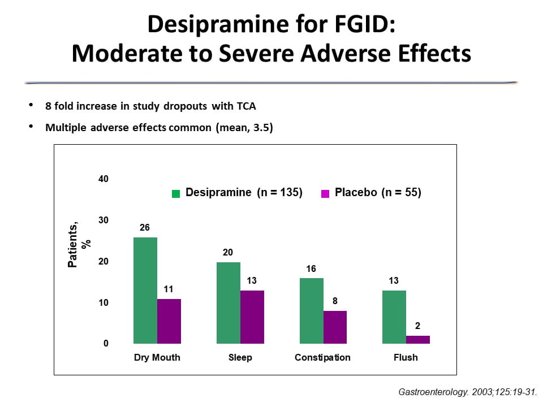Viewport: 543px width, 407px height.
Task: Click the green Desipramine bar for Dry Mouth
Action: pos(145,291)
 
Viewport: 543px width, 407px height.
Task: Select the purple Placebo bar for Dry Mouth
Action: pos(169,321)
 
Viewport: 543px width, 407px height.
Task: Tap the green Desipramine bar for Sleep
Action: pos(229,303)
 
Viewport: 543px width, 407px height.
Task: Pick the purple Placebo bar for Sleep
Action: pos(252,317)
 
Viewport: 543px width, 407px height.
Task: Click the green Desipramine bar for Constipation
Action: pos(312,311)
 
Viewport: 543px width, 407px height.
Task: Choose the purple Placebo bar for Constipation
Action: pos(335,327)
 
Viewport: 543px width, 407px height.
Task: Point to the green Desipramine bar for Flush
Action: pos(394,317)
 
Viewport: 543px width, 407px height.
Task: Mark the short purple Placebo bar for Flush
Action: pos(418,340)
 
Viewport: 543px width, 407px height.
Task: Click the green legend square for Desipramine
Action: pos(176,193)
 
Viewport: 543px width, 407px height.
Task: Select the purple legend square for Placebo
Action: pos(325,193)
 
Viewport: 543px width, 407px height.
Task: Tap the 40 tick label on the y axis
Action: pos(103,179)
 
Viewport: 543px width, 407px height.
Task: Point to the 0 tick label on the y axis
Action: pos(105,344)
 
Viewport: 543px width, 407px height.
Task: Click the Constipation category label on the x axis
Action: pos(322,358)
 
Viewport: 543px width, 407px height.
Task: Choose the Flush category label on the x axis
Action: pos(406,358)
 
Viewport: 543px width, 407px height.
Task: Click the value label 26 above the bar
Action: pos(145,227)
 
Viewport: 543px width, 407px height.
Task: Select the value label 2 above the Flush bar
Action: pos(418,326)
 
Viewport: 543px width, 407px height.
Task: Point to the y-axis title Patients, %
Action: pos(76,244)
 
